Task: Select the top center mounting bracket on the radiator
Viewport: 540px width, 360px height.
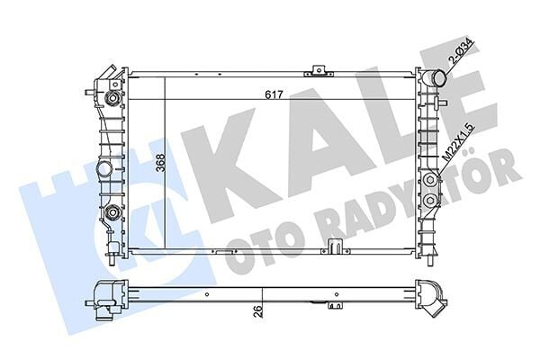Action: pyautogui.click(x=316, y=69)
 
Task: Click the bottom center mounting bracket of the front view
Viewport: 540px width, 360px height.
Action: pyautogui.click(x=336, y=246)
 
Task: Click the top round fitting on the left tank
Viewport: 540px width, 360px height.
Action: pyautogui.click(x=113, y=98)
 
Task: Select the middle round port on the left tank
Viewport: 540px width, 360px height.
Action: pyautogui.click(x=105, y=168)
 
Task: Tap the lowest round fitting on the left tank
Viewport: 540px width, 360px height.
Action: pyautogui.click(x=113, y=213)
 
